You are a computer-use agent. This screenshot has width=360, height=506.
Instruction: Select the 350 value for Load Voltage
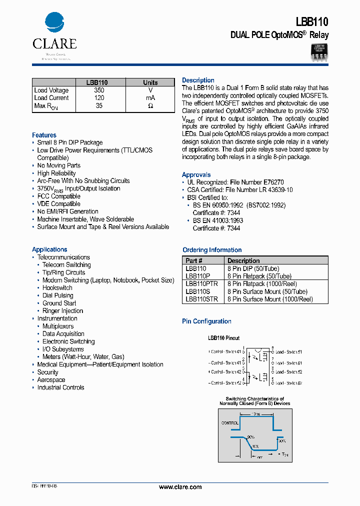[x=99, y=90]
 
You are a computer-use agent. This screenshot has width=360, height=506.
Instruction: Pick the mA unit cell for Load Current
[x=150, y=98]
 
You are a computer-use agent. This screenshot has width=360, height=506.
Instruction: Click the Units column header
[x=150, y=82]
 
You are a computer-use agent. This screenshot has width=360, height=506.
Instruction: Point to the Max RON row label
[x=46, y=106]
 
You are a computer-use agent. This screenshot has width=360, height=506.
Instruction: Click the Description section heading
[x=198, y=80]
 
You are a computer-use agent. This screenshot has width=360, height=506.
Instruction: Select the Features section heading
[x=44, y=135]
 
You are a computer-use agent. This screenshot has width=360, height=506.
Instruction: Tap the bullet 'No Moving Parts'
[x=58, y=165]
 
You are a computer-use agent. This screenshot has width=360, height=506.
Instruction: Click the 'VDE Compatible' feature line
[x=58, y=204]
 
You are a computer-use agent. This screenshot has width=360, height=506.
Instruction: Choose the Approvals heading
[x=196, y=175]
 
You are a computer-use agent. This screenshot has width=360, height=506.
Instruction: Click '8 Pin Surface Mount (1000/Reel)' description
[x=270, y=299]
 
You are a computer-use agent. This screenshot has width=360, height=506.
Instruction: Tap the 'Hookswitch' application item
[x=57, y=288]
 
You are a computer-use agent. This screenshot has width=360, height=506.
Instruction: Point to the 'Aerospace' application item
[x=51, y=380]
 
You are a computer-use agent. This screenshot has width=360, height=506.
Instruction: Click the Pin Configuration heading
[x=206, y=321]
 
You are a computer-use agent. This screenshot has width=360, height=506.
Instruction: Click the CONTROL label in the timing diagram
[x=229, y=422]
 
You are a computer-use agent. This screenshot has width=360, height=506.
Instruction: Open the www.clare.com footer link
[x=180, y=487]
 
